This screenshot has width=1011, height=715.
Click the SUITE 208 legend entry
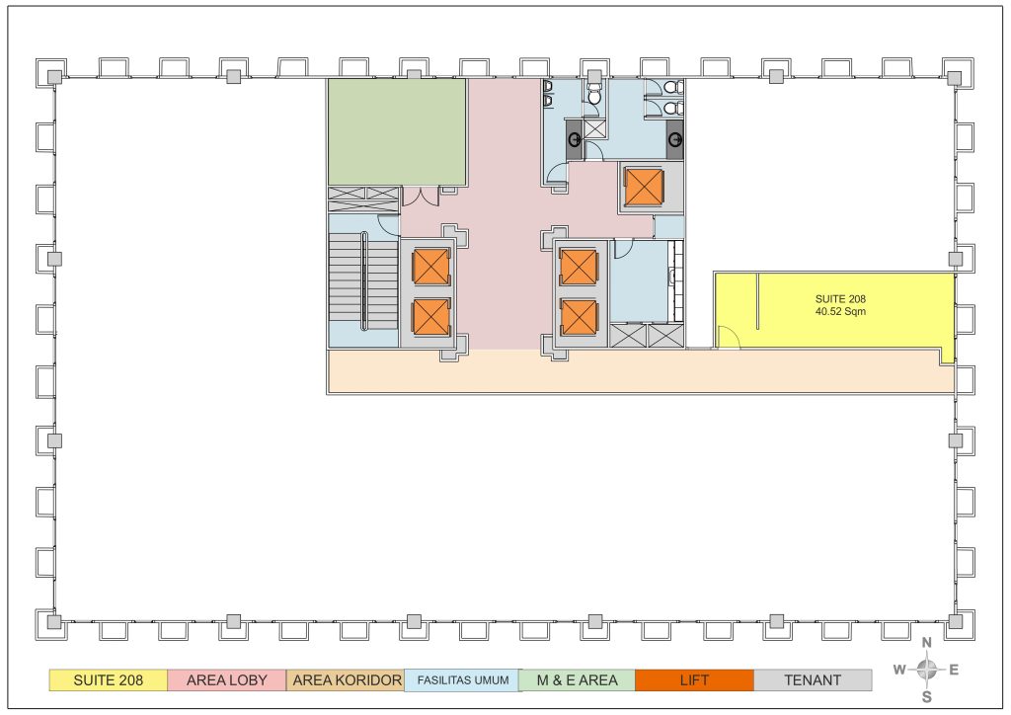pyautogui.click(x=109, y=680)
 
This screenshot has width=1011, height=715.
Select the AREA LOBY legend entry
pyautogui.click(x=226, y=680)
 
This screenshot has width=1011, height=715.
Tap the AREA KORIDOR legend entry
pyautogui.click(x=346, y=680)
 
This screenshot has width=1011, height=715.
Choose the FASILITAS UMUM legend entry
pyautogui.click(x=462, y=680)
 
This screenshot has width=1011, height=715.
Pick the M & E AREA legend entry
pyautogui.click(x=577, y=680)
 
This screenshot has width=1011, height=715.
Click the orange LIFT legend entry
pyautogui.click(x=694, y=680)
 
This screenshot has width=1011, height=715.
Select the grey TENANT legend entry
pyautogui.click(x=813, y=680)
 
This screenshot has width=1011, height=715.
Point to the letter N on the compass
pyautogui.click(x=926, y=643)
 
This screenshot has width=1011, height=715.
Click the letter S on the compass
pyautogui.click(x=926, y=697)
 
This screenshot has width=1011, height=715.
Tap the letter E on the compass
pyautogui.click(x=954, y=670)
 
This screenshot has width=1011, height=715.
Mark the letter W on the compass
pyautogui.click(x=899, y=670)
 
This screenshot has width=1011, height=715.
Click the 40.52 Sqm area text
pyautogui.click(x=840, y=311)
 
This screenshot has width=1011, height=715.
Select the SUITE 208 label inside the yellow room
pyautogui.click(x=840, y=299)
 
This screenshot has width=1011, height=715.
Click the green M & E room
pyautogui.click(x=397, y=132)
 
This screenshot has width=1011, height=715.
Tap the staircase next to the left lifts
pyautogui.click(x=363, y=280)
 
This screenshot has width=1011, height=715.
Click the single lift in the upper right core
pyautogui.click(x=644, y=187)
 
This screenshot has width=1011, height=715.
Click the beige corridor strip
pyautogui.click(x=640, y=371)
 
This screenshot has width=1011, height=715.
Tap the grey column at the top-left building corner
pyautogui.click(x=54, y=77)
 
